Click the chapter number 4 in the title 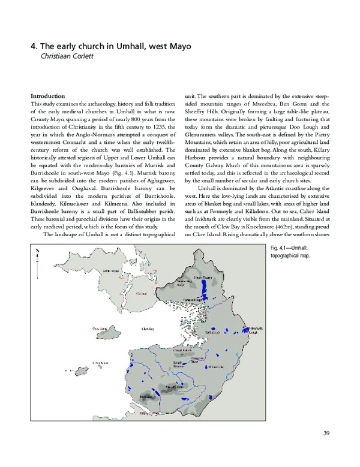[x=33, y=46]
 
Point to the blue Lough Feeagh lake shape [x=206, y=290]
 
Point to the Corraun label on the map [x=142, y=294]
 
